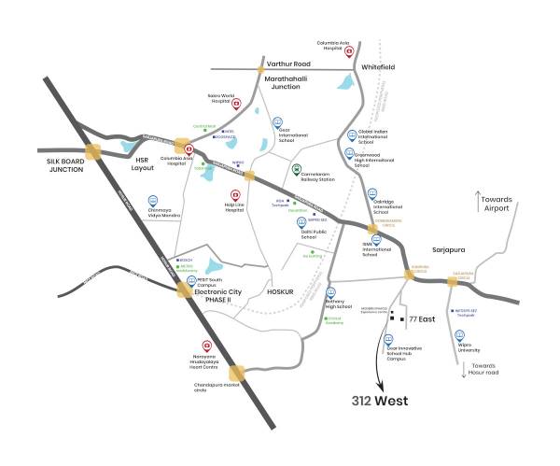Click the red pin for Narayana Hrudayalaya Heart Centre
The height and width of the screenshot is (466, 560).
195,346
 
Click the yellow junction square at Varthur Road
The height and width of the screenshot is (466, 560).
262,68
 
